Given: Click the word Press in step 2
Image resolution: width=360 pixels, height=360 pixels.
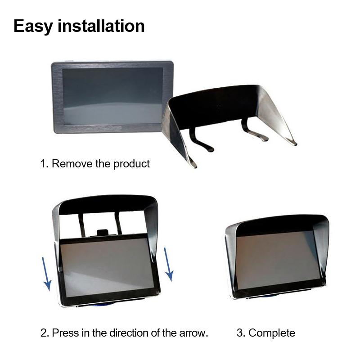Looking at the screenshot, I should pyautogui.click(x=65, y=333).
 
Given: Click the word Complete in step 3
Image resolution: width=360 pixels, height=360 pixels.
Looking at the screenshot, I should pyautogui.click(x=272, y=333).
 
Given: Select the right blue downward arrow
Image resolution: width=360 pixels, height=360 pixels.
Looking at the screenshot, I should pyautogui.click(x=168, y=263).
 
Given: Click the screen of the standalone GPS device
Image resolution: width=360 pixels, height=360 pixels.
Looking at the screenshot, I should pyautogui.click(x=112, y=95).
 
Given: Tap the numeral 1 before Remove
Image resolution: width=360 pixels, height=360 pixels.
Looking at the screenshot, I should pyautogui.click(x=44, y=163).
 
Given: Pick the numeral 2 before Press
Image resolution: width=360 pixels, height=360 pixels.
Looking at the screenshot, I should pyautogui.click(x=44, y=333).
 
